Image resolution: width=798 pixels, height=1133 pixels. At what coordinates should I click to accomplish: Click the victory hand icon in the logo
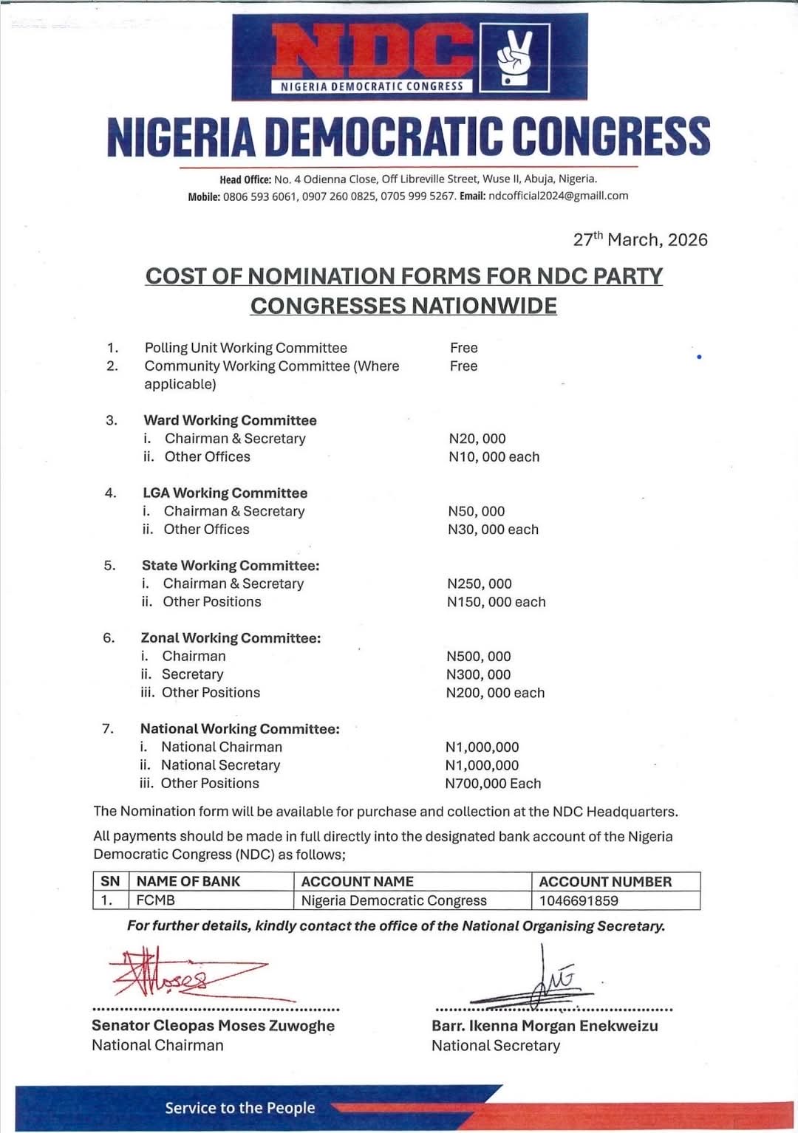click(514, 58)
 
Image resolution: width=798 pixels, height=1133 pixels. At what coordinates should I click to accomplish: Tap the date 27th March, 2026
click(640, 239)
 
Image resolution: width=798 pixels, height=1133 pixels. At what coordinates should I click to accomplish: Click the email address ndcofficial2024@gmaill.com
click(558, 196)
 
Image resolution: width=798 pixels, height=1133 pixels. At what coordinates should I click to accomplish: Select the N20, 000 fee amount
click(477, 439)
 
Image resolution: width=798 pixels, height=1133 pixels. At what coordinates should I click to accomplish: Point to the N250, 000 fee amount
click(480, 583)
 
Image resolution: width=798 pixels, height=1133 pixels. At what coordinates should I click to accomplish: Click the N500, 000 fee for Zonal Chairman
click(479, 656)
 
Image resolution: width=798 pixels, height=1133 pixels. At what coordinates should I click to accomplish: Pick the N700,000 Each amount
click(493, 783)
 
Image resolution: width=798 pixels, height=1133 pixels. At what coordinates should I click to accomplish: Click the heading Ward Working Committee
click(230, 420)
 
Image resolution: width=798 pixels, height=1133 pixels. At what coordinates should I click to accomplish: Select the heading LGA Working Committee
click(225, 493)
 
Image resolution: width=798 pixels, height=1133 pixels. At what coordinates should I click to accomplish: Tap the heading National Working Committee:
click(239, 728)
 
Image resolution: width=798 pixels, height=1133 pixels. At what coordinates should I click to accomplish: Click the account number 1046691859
click(579, 900)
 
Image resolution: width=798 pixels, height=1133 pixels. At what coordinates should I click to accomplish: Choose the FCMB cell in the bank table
click(156, 900)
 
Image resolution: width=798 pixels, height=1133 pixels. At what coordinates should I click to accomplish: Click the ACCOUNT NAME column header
click(358, 881)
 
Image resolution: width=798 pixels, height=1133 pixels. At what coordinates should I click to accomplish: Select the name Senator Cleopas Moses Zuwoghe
click(213, 1025)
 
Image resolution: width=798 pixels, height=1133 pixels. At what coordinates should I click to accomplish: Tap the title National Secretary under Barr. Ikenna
click(496, 1045)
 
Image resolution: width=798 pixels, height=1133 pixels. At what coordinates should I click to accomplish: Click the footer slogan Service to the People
click(239, 1107)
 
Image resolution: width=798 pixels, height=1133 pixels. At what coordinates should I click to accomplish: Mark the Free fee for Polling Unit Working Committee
click(463, 348)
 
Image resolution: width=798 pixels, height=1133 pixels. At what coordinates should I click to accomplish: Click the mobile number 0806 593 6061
click(259, 196)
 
